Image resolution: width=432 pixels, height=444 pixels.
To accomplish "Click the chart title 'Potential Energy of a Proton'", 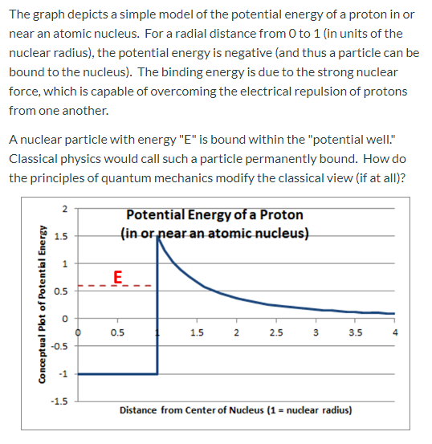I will click(214, 215).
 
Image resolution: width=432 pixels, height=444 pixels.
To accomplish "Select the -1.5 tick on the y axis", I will click(61, 401).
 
